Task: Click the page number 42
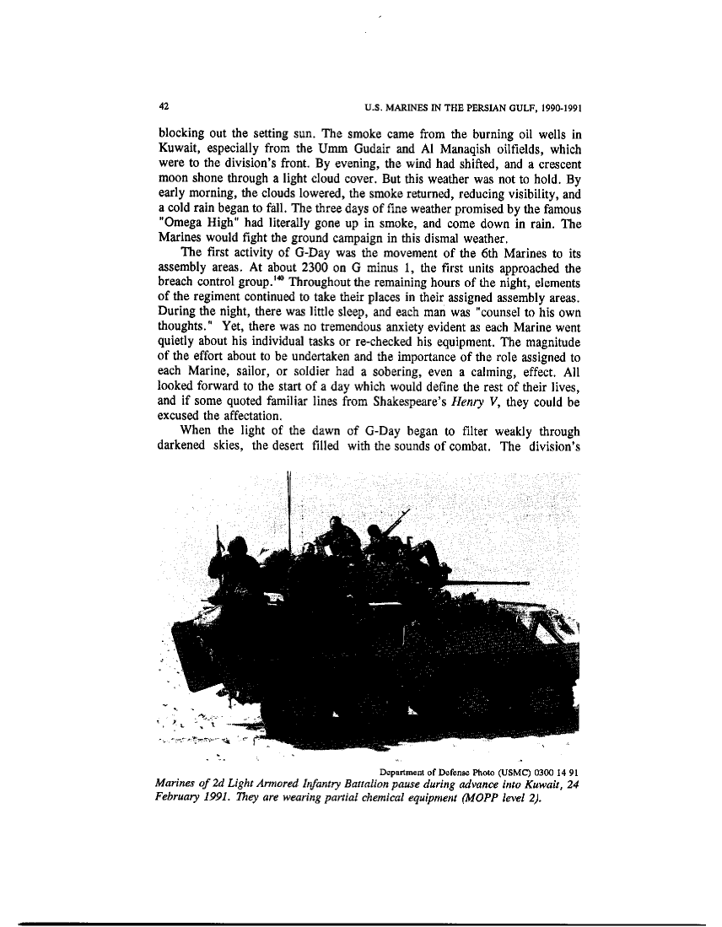coord(162,108)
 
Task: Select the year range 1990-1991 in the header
coord(558,109)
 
